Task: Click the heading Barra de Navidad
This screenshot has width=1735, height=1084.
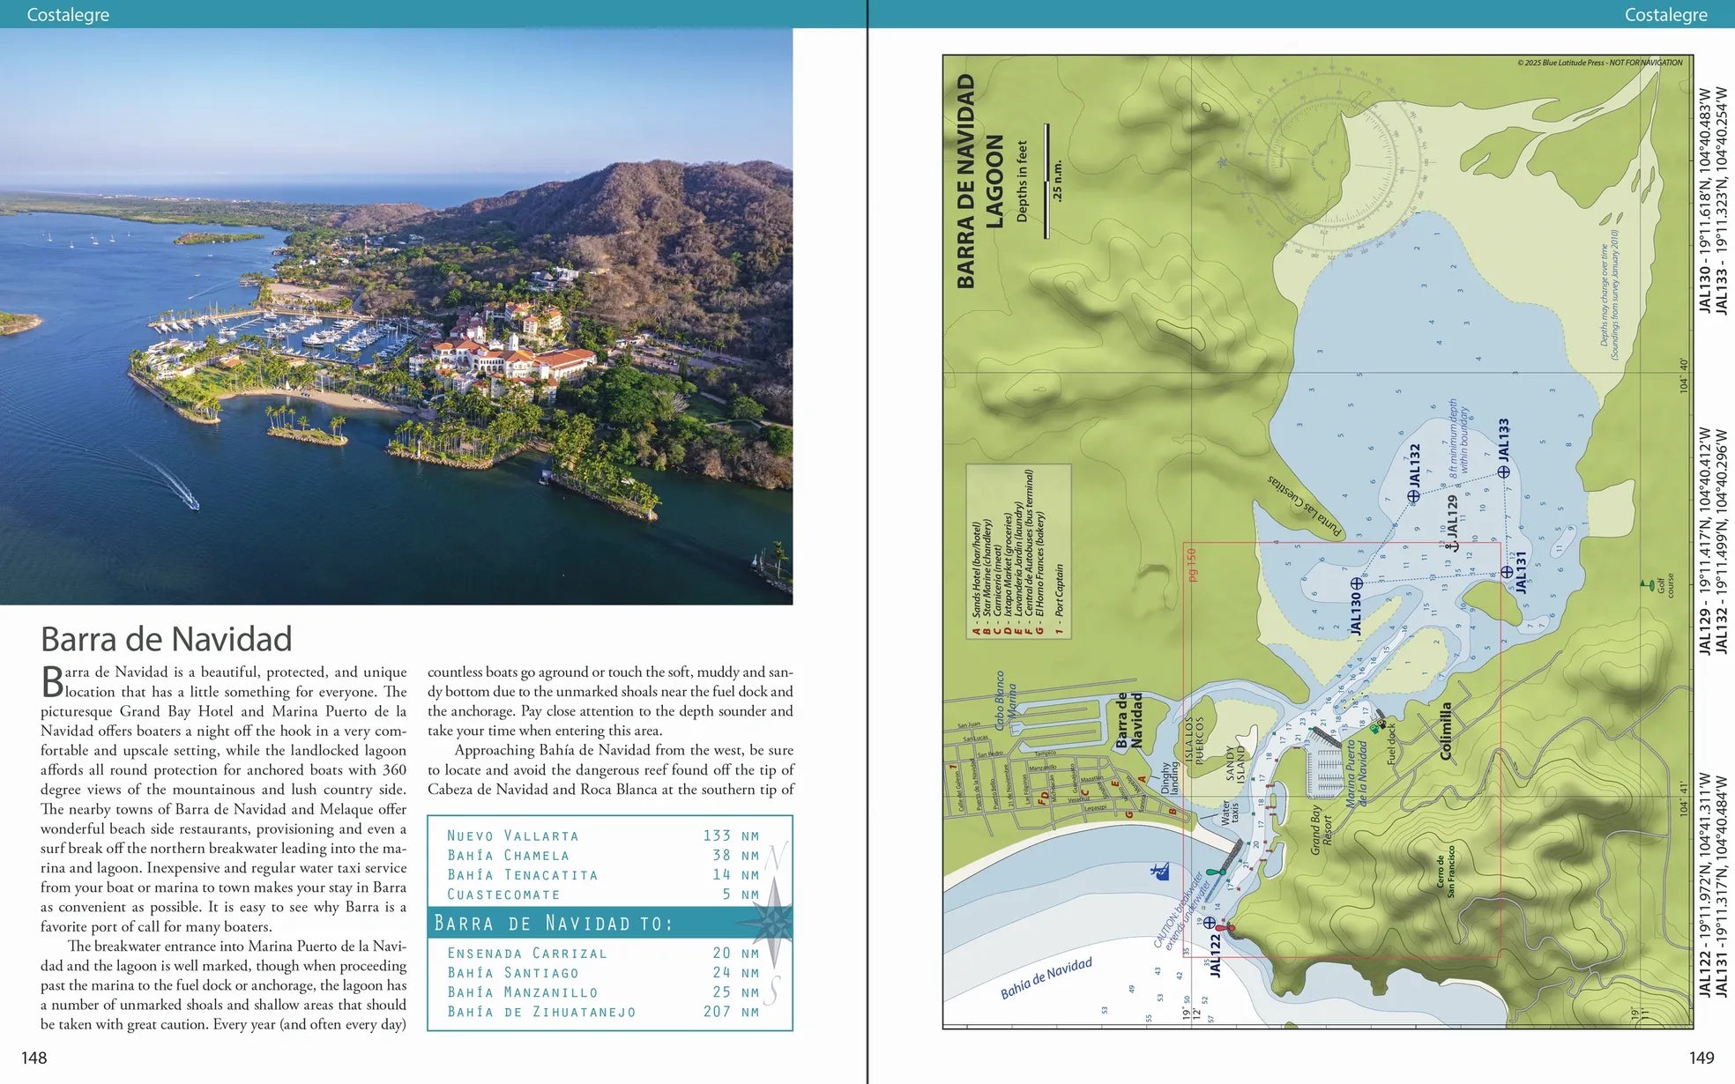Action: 166,639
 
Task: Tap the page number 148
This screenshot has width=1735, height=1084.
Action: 34,1058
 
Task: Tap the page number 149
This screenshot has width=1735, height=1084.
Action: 1701,1058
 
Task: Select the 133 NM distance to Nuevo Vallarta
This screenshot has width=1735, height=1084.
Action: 730,835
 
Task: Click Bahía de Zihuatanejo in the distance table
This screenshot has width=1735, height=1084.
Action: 540,1012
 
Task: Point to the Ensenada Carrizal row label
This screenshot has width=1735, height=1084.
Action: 526,953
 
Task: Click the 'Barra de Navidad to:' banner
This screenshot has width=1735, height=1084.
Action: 554,923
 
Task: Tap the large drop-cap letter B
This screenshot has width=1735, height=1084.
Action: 52,682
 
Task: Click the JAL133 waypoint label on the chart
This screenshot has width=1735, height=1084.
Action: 1504,440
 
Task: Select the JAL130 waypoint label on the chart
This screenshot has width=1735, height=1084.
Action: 1356,613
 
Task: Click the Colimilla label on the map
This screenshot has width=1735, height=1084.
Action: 1445,731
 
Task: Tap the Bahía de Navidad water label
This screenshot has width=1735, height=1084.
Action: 1046,978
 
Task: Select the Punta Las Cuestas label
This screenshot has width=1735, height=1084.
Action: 1305,506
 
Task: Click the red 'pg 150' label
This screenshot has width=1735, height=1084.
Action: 1192,564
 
